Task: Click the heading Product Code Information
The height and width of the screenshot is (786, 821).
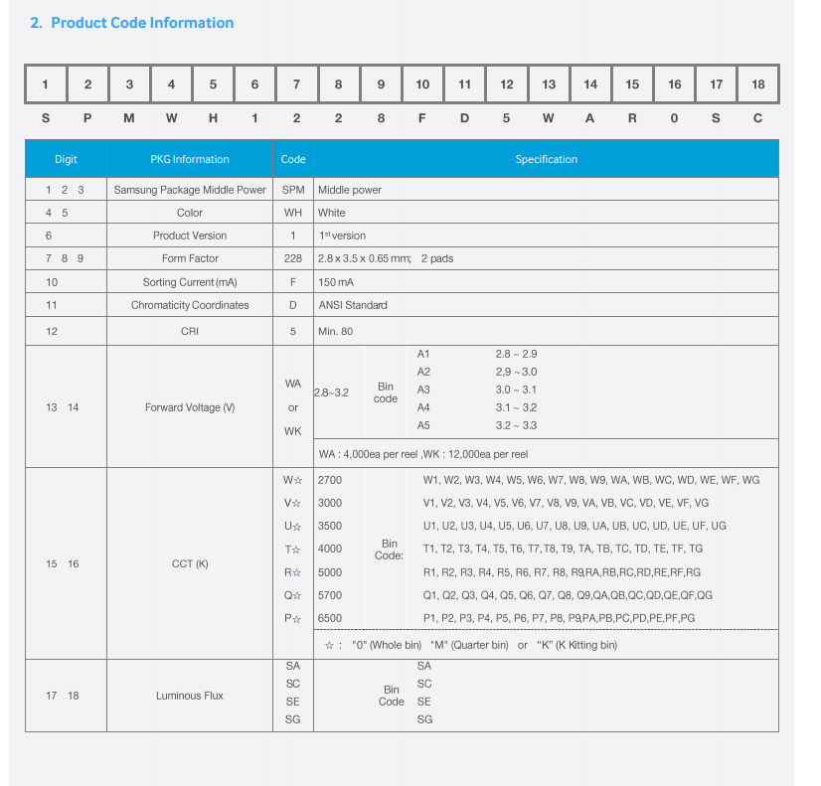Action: (142, 23)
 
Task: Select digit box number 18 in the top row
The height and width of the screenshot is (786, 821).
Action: (758, 84)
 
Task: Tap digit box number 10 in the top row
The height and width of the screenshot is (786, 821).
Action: (422, 84)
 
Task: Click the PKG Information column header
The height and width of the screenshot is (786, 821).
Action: (190, 159)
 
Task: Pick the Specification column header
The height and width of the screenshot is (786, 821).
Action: (546, 159)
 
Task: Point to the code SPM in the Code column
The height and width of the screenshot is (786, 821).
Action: (293, 190)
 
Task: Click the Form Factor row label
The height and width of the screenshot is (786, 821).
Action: (190, 258)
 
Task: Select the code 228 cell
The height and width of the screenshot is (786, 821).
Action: (293, 258)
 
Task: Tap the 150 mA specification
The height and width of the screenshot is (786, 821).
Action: (336, 282)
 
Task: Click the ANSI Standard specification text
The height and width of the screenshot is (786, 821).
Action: (353, 305)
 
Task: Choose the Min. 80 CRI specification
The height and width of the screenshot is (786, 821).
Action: (335, 331)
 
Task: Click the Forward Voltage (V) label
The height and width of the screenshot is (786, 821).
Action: (190, 407)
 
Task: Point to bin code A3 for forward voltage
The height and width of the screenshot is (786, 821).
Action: (423, 390)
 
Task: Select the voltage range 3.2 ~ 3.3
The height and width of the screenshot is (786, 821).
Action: (516, 425)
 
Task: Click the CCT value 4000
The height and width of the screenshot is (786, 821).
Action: (329, 549)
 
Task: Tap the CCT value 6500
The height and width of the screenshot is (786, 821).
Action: (329, 618)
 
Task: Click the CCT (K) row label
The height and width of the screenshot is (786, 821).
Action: (190, 564)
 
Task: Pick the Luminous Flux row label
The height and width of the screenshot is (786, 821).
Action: (190, 696)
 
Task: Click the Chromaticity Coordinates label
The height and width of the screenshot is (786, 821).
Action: (190, 305)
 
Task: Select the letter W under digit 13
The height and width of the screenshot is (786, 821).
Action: (549, 118)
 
